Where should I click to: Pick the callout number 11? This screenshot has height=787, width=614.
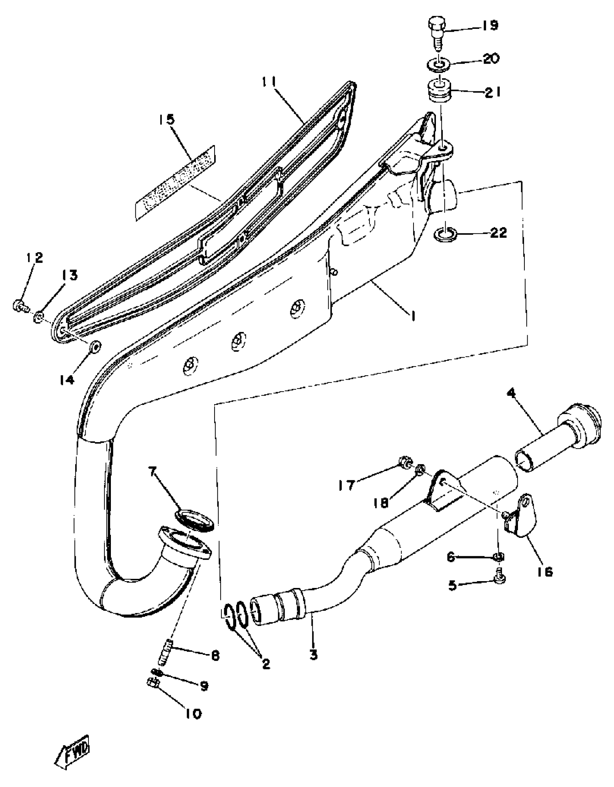(269, 83)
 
